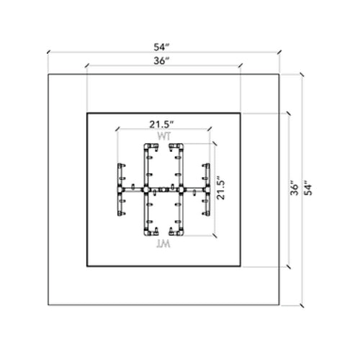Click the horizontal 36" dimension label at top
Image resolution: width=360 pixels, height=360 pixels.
(163, 61)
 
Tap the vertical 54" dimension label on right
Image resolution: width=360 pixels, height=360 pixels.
(309, 189)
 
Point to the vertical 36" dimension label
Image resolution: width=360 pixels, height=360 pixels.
(294, 189)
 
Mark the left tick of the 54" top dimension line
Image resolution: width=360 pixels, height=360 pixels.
(48, 53)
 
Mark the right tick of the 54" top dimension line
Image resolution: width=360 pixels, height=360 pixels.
(279, 53)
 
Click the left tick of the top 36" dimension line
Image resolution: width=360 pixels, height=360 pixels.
(86, 68)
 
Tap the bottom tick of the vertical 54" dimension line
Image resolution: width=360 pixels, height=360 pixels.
(302, 305)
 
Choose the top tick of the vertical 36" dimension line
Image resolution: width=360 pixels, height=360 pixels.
(287, 113)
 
